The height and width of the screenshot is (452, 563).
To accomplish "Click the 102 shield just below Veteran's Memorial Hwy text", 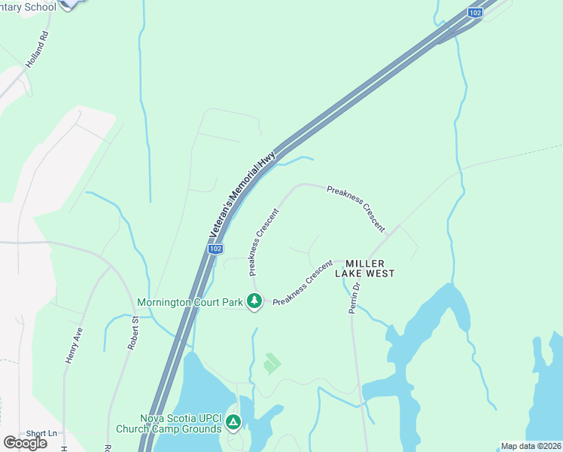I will pos(215,249).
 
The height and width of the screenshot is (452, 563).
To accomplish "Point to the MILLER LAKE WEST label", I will pos(370,268).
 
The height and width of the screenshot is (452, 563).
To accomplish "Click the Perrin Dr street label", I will pos(355,298).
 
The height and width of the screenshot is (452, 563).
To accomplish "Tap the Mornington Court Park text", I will pos(190,303).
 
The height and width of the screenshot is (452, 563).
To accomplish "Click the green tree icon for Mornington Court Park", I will pos(254,301).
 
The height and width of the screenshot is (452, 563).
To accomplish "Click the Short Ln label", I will pos(41,433).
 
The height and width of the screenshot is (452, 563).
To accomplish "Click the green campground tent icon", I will pos(234,423).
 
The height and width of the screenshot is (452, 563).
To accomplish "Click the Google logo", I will pos(25,442).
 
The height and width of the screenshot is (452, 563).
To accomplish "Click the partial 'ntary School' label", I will pos(28,7).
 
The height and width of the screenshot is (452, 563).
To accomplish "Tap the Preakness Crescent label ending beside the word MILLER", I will pos(303,282).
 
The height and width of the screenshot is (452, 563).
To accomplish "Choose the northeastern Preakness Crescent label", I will pos(356,208).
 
